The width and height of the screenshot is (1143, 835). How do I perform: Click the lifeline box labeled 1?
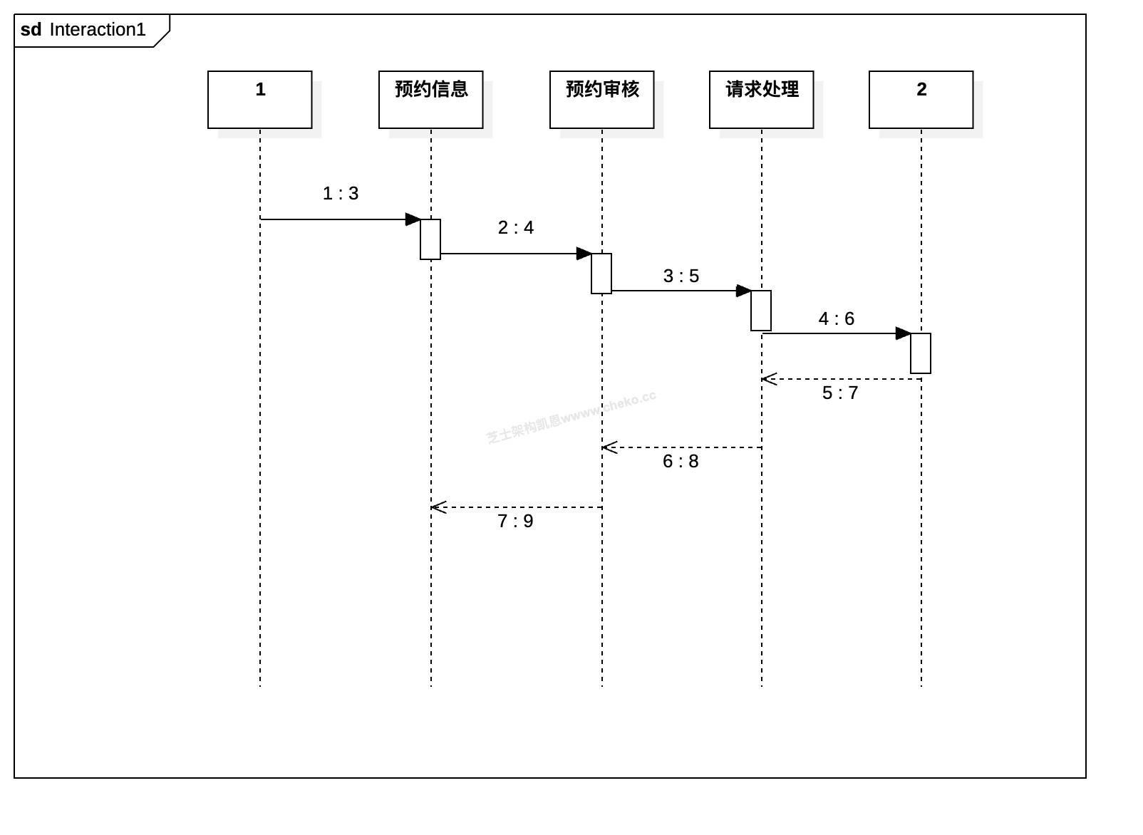259,100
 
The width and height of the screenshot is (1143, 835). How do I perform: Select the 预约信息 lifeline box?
430,100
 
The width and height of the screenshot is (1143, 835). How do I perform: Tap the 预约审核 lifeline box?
601,100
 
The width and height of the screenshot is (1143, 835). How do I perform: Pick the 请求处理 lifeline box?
761,100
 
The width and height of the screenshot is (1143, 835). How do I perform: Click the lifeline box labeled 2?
921,100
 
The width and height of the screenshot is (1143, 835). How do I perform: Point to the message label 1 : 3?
341,194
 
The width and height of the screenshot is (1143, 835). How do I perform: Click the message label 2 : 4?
516,228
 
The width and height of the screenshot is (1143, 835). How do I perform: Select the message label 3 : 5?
681,276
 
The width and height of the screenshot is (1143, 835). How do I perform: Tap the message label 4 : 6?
837,319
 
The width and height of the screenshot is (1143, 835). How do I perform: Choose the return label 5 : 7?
840,393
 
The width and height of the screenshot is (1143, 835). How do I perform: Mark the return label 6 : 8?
681,462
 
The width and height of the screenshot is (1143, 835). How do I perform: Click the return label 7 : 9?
515,522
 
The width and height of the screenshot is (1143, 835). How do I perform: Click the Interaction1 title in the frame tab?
98,30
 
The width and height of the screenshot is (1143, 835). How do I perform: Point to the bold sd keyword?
31,30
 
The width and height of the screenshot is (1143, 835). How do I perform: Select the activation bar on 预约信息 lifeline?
430,239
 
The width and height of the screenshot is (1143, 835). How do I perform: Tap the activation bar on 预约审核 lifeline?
601,274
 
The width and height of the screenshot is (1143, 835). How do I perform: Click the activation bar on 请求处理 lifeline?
761,311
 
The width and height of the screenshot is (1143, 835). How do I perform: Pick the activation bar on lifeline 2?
921,353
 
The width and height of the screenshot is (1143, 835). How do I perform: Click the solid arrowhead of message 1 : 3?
413,219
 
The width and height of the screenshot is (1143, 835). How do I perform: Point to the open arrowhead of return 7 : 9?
438,507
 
